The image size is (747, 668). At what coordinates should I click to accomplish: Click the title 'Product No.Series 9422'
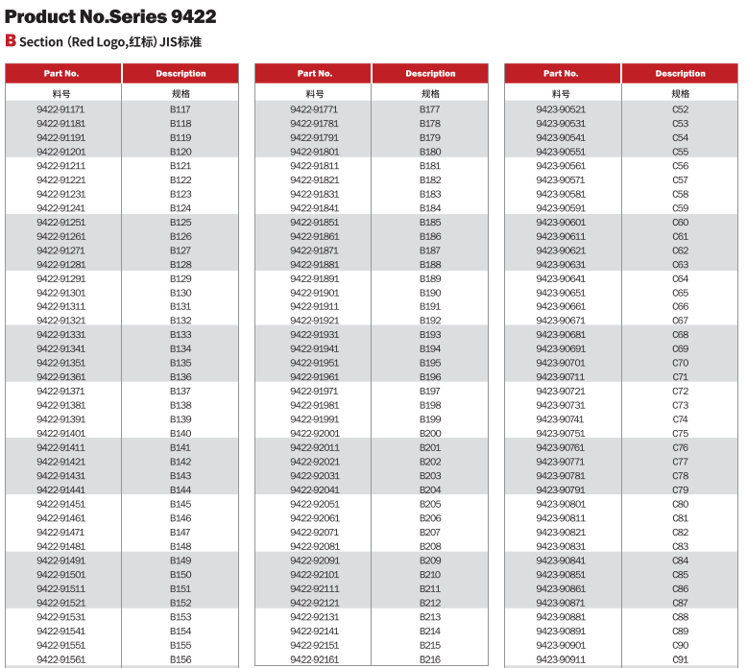[110, 16]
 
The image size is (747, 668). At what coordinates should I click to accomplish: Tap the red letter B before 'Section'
[11, 40]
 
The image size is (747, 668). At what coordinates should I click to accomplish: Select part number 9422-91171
[60, 109]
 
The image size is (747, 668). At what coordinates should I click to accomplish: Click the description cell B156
[181, 659]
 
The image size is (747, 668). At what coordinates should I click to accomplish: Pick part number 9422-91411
[60, 447]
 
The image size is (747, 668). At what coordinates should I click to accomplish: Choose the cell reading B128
[181, 264]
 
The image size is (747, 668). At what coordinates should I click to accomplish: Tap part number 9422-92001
[314, 433]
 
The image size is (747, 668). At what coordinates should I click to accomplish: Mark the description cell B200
[430, 433]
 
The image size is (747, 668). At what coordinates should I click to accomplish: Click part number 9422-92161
[314, 659]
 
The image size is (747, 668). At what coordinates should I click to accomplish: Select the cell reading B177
[430, 109]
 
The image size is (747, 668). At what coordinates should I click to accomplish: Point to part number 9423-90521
[561, 109]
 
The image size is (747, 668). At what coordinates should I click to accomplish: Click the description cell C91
[680, 659]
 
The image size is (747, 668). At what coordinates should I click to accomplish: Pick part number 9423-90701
[561, 363]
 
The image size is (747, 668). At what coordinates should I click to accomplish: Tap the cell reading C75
[680, 433]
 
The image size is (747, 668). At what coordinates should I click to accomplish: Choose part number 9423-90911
[561, 659]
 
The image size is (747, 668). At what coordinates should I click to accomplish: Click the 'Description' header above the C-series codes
[680, 73]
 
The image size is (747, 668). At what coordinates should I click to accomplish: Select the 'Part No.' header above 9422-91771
[314, 73]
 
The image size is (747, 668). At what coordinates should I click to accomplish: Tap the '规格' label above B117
[181, 93]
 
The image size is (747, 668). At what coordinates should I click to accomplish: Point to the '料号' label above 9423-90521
[561, 93]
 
